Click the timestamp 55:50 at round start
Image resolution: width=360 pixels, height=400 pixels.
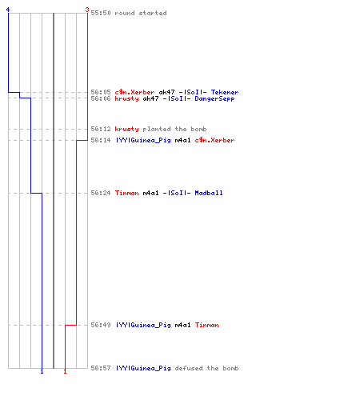coord(101,13)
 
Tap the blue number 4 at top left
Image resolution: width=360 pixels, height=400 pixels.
coord(8,10)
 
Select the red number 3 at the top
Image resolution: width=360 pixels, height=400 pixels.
coord(87,10)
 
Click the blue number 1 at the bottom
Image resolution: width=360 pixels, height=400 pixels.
coord(42,371)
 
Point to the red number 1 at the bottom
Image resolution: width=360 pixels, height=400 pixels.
coord(65,371)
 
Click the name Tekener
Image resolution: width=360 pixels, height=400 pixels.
coord(225,92)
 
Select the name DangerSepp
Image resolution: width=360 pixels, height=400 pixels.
coord(214,98)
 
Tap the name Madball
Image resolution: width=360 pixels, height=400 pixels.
coord(209,193)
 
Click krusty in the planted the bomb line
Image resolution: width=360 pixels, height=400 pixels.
coord(126,129)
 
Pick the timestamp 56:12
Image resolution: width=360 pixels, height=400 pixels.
coord(101,129)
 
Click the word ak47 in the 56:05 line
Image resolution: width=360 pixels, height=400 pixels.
coord(166,92)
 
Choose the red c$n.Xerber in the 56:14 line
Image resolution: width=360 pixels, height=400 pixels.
coord(214,140)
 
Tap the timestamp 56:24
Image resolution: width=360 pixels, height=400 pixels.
coord(101,193)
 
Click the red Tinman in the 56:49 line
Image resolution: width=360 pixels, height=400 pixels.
coord(206,325)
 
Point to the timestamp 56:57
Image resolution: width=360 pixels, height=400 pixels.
coord(101,368)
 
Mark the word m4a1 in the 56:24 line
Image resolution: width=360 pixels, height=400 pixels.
coord(150,193)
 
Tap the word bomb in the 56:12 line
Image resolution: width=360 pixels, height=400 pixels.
coord(198,129)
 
